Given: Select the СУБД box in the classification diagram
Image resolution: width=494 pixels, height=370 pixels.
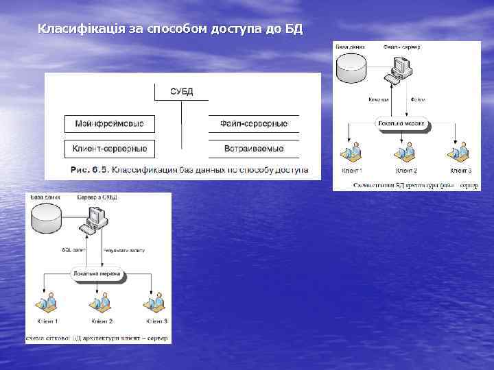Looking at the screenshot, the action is pos(182,91).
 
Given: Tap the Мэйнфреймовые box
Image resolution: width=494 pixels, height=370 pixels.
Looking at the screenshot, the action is pos(110,124).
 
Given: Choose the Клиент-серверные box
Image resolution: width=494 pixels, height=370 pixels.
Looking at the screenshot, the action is pos(110,148).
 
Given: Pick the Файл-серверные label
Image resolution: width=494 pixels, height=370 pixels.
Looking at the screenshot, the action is pos(254,124).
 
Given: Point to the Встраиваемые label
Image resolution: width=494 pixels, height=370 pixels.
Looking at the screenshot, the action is pos(254,148).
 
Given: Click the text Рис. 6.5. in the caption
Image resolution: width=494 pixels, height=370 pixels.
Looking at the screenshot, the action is pos(89,169).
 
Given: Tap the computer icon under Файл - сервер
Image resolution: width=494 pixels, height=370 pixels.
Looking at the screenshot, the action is pos(401,67).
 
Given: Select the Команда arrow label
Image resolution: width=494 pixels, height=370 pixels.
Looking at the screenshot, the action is pos(378,99).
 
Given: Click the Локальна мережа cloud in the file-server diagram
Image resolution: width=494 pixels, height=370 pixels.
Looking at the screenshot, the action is pos(402,125).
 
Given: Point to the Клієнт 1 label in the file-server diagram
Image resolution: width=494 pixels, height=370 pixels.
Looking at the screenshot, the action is pos(351,170).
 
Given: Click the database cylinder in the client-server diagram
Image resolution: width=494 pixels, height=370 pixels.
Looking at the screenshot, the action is pos(47,219).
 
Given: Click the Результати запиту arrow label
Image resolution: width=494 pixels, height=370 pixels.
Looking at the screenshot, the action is pos(123,251).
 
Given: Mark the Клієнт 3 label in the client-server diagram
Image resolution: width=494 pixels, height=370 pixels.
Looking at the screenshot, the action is pos(156,321).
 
